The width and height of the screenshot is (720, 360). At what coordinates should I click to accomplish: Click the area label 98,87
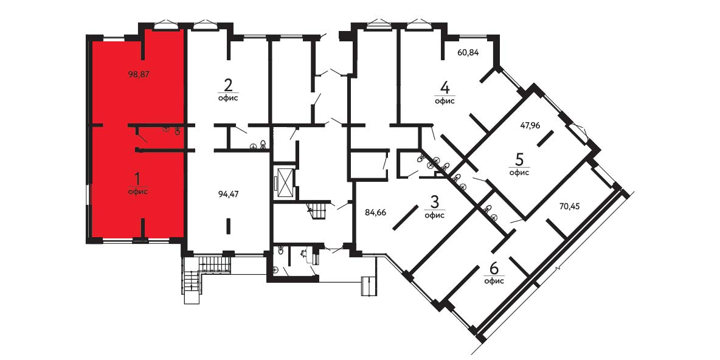pos(140,74)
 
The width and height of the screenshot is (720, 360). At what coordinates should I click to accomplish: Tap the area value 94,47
pos(229,194)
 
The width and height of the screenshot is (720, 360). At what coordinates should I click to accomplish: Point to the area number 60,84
pos(468,52)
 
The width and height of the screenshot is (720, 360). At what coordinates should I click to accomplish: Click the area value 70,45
pos(569,206)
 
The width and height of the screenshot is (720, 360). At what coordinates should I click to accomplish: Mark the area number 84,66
pos(376,212)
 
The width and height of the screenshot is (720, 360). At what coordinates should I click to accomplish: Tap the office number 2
pos(228,85)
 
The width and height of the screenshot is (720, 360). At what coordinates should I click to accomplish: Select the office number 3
pos(434,201)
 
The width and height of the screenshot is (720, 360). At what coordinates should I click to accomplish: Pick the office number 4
pos(445,87)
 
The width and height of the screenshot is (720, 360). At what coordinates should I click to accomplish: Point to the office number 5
pos(519,159)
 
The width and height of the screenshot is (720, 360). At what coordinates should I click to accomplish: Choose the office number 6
pos(494,267)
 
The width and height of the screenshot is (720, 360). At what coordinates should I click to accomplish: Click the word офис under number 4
pos(445,101)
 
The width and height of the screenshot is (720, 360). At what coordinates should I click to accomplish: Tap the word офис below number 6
pos(494,281)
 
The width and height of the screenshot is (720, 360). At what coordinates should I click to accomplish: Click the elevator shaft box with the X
pos(285,183)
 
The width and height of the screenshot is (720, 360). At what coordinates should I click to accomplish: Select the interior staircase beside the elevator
pos(317,210)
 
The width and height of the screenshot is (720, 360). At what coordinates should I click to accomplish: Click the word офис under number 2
pos(228,99)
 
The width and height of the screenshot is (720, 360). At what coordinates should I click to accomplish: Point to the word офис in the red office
pos(138,192)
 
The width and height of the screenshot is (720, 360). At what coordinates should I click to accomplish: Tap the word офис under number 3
pos(434,215)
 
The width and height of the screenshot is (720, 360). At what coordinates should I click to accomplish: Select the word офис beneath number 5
pos(519,173)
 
